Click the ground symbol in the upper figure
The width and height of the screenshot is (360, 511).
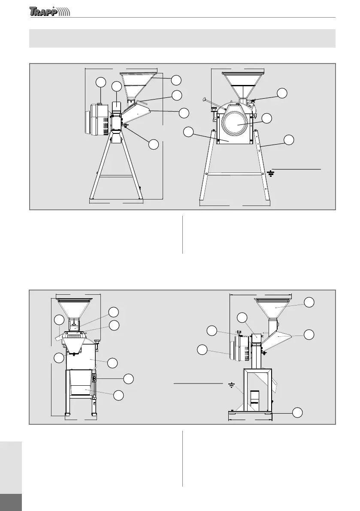[271, 173]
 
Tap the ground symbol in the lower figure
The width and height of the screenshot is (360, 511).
[231, 386]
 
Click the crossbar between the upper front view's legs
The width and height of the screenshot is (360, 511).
[235, 173]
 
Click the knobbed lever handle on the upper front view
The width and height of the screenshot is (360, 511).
[206, 100]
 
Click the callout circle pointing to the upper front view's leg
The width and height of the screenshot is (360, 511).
[289, 139]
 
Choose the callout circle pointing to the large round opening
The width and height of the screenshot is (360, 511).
[267, 118]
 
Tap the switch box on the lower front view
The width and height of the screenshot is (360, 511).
[95, 378]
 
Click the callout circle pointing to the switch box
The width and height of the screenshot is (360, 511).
[128, 378]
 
